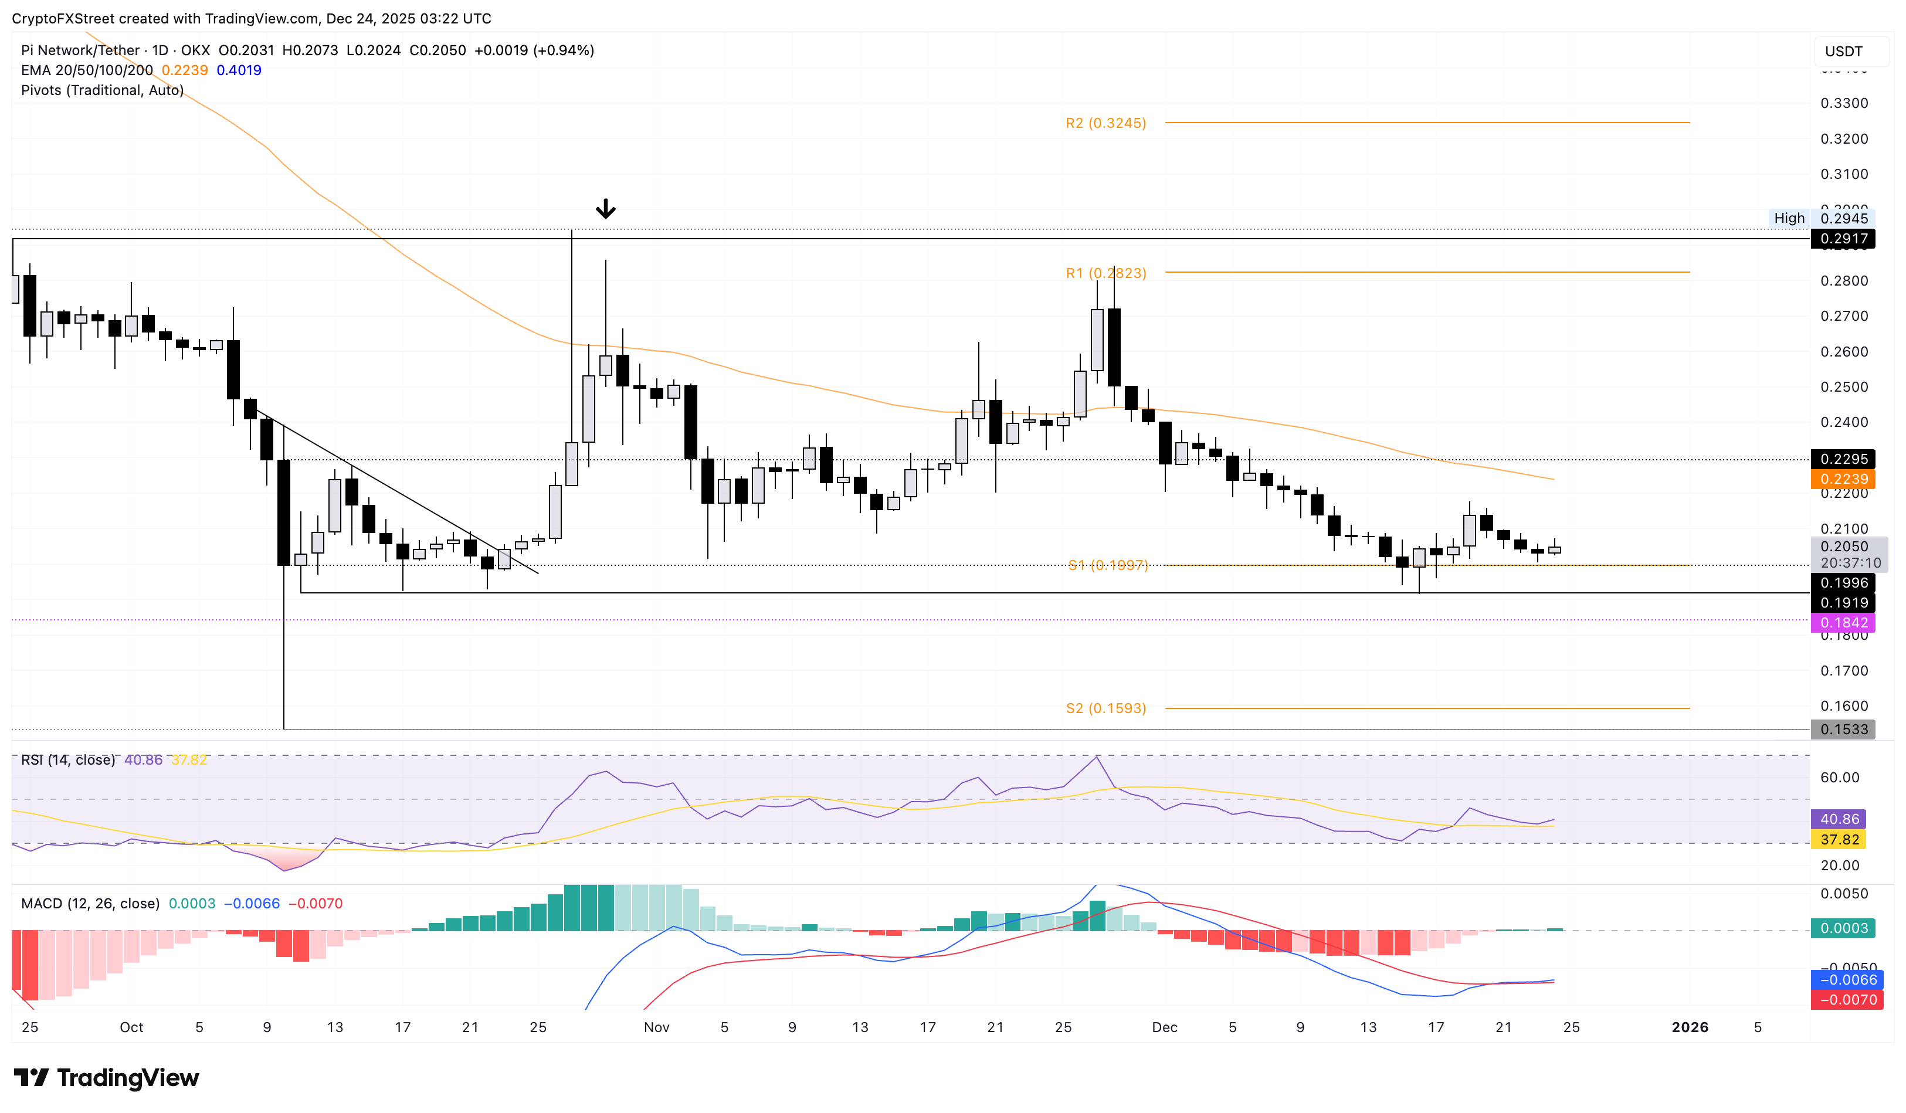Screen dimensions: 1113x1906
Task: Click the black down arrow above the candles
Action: (605, 209)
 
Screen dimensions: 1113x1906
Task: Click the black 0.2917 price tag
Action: (1843, 239)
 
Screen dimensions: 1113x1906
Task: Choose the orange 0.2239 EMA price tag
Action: (1843, 479)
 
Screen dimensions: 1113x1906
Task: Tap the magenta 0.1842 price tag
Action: (1843, 623)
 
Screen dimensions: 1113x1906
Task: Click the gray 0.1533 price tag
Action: (1843, 729)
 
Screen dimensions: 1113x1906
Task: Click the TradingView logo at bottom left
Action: (107, 1077)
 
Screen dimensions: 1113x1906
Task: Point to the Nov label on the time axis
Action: (656, 1027)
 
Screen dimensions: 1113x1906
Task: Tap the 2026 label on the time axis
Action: (1689, 1027)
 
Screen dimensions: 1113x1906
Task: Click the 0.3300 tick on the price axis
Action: (1843, 103)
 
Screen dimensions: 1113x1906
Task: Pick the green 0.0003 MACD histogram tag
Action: (1843, 928)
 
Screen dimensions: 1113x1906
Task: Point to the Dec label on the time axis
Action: (1164, 1027)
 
